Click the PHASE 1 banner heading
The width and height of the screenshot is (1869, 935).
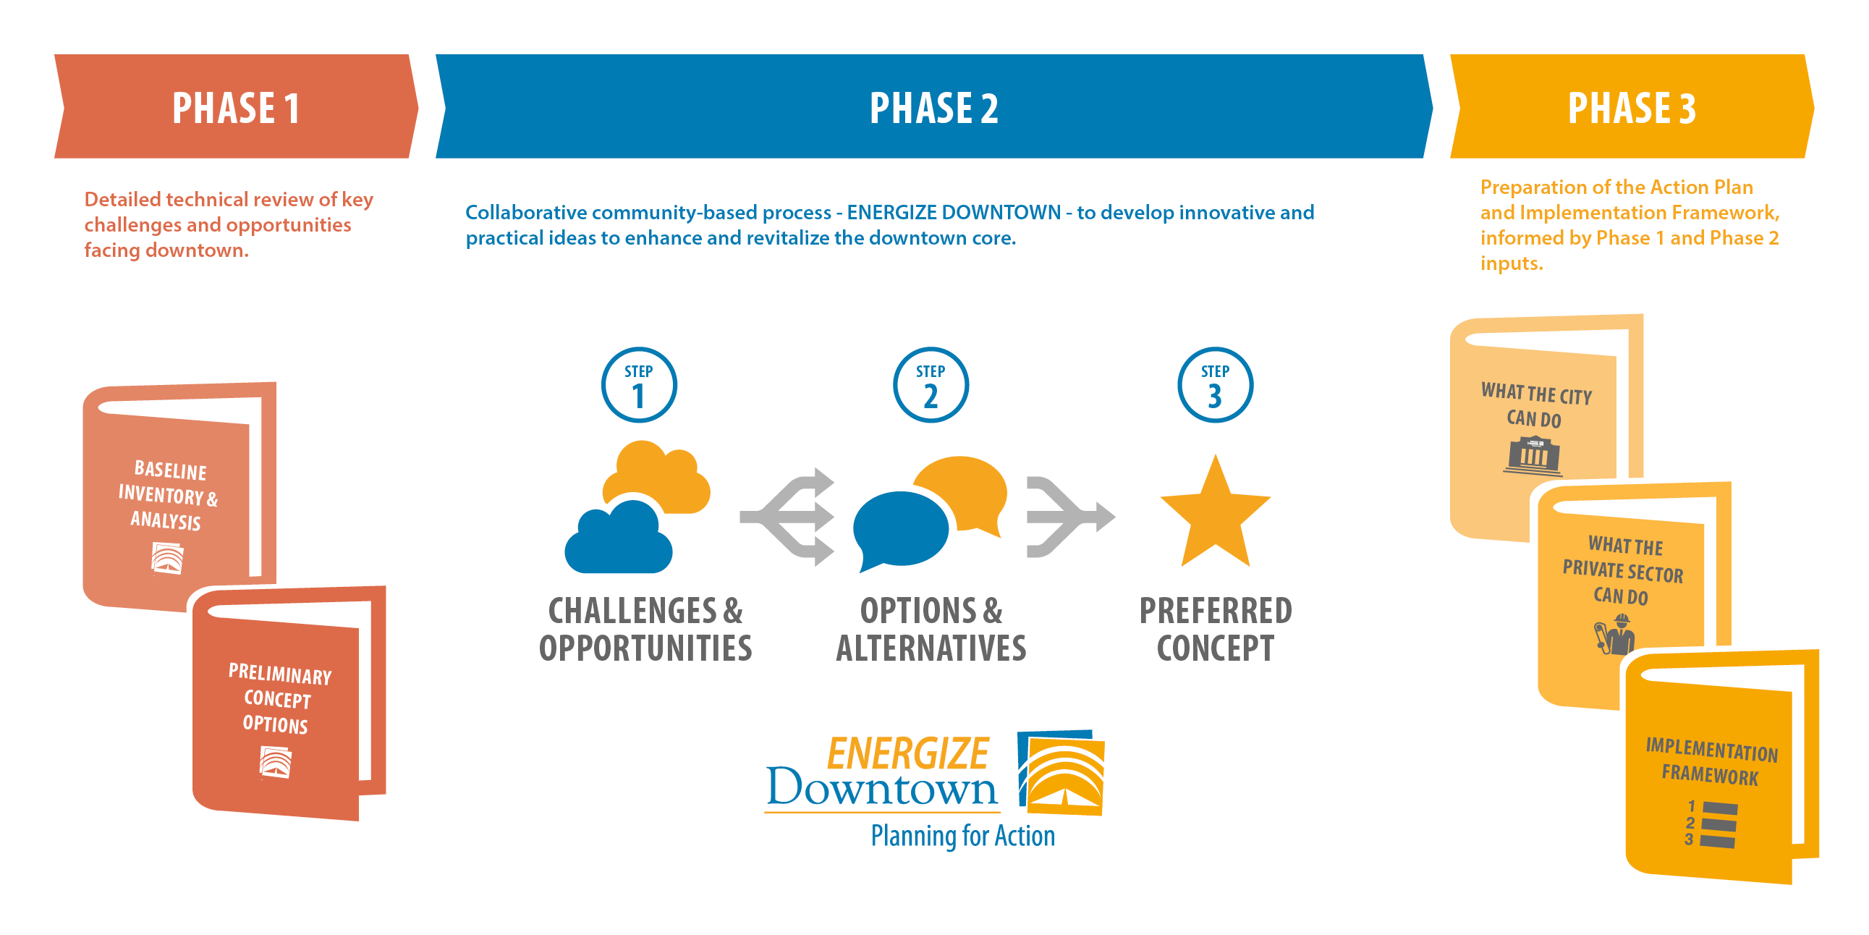coord(236,108)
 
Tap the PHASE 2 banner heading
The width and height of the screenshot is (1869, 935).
coord(933,108)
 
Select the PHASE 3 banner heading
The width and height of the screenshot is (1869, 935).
coord(1632,108)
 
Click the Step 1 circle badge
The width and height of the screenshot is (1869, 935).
coord(638,385)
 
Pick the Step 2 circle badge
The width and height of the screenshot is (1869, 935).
coord(930,385)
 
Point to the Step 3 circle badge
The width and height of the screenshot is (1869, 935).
coord(1216,385)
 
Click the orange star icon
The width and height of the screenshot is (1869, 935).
coord(1216,512)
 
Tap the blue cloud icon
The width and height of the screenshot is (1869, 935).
coord(618,538)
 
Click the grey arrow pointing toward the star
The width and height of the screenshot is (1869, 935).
coord(1070,517)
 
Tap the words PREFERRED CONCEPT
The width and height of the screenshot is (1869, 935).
coord(1216,630)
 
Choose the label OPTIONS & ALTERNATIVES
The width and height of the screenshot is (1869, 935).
coord(931,630)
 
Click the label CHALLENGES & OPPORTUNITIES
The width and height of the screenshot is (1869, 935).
coord(645,630)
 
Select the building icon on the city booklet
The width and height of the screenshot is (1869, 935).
coord(1533,455)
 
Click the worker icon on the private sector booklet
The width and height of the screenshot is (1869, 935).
coord(1615,635)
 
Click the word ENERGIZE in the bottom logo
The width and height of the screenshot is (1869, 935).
coord(907,752)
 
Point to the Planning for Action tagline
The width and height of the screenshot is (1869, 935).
coord(963,837)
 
